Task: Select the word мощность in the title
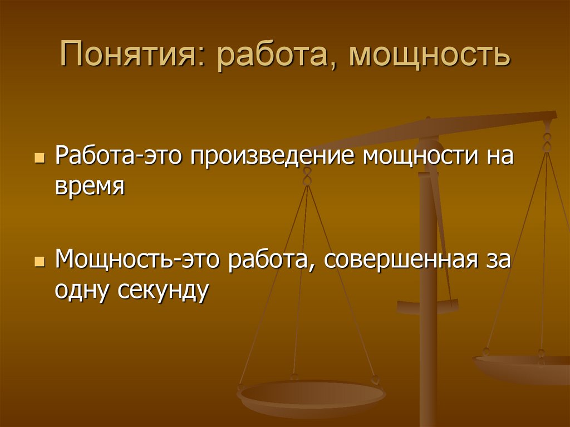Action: coord(430,57)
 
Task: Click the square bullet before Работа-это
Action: coord(38,158)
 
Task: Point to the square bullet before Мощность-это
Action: coord(38,262)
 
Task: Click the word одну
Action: coord(82,290)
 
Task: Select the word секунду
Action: coord(163,290)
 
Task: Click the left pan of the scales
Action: coord(311,396)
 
